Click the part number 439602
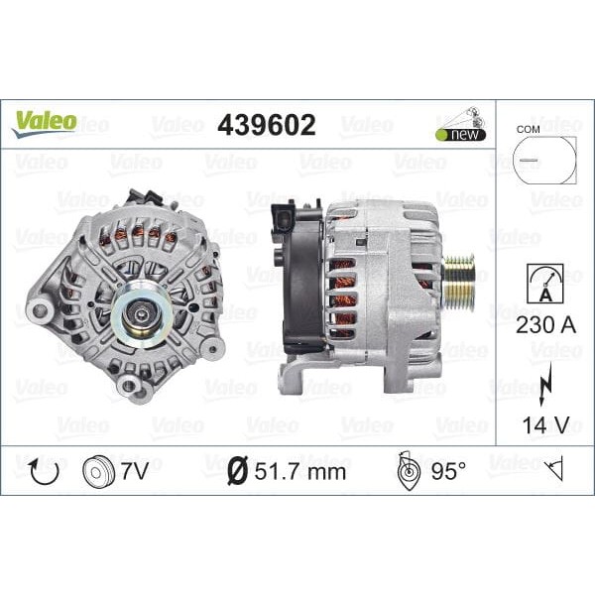coord(266,125)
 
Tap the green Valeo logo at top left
coord(44,122)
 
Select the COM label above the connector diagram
coord(530,129)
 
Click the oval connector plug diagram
coord(543,160)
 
